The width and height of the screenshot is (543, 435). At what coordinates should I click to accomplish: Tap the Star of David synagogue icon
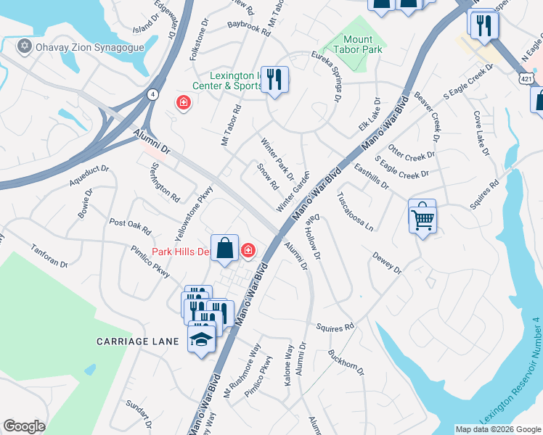(24, 46)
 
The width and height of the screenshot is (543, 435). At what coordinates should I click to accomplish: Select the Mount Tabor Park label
(358, 44)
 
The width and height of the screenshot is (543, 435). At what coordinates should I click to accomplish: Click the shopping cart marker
(422, 216)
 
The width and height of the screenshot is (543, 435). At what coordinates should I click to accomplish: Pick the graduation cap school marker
(203, 339)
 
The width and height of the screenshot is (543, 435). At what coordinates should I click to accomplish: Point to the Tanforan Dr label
(49, 254)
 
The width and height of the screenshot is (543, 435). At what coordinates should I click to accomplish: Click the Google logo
(24, 426)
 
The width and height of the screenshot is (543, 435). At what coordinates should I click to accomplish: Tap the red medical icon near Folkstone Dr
(183, 103)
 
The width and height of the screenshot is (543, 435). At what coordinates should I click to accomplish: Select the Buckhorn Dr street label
(346, 362)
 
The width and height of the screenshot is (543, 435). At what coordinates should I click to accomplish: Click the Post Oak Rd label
(129, 225)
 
